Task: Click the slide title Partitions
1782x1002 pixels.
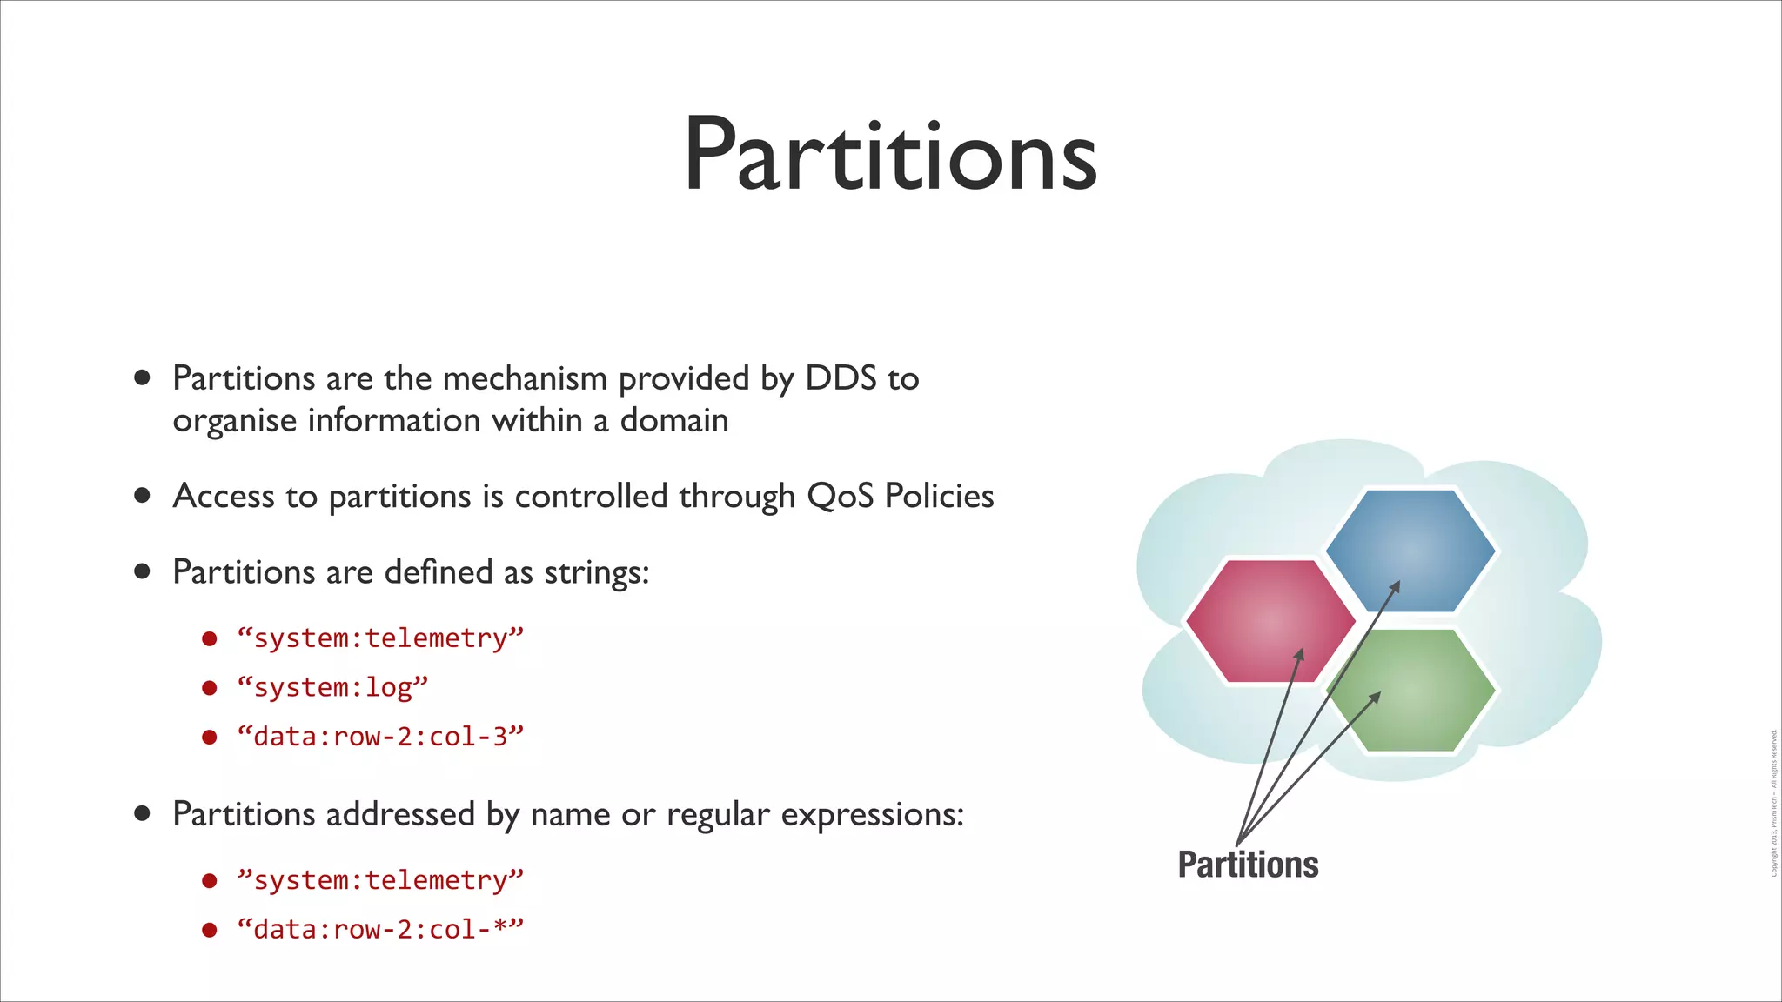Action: pyautogui.click(x=889, y=155)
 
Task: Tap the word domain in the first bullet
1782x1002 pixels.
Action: pyautogui.click(x=674, y=420)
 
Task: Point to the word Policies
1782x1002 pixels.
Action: pyautogui.click(x=939, y=496)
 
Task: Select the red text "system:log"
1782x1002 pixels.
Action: pyautogui.click(x=332, y=687)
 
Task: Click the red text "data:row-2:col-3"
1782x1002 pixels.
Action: pyautogui.click(x=380, y=737)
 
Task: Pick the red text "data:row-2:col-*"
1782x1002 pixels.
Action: pyautogui.click(x=380, y=929)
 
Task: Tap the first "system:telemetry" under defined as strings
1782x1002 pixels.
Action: pyautogui.click(x=380, y=638)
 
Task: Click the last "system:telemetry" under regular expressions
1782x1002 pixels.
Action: pyautogui.click(x=380, y=879)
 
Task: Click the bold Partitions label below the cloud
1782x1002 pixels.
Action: pyautogui.click(x=1248, y=865)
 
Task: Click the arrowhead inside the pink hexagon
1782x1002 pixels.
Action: pyautogui.click(x=1299, y=655)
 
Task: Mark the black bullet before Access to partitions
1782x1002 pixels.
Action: pyautogui.click(x=143, y=496)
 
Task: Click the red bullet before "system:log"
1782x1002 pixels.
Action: pyautogui.click(x=209, y=688)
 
